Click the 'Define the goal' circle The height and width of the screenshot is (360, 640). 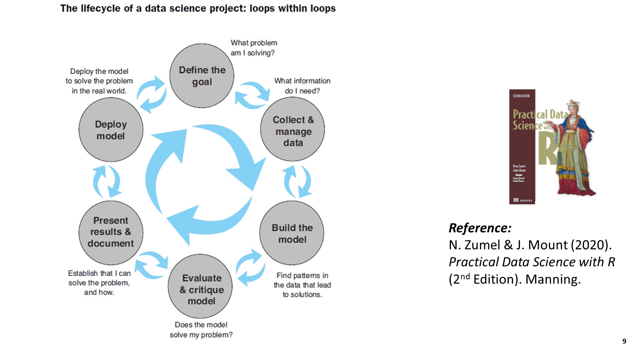(x=202, y=76)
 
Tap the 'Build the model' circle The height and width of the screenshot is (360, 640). (x=292, y=233)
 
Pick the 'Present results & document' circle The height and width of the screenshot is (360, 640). (x=111, y=232)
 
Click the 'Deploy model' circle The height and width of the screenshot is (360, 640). (x=111, y=130)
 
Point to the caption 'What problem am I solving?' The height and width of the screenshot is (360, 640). (x=254, y=48)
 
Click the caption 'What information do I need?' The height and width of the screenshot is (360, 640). (x=302, y=86)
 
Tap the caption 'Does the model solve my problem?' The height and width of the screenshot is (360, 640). (x=201, y=330)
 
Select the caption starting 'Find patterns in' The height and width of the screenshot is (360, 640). (x=302, y=285)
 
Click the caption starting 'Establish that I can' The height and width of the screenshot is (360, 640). (x=99, y=283)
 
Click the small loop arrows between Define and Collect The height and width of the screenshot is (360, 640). (x=252, y=95)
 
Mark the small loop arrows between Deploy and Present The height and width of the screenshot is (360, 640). (x=107, y=182)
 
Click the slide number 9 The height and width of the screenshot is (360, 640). (x=624, y=341)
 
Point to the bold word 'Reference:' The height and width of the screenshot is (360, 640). (x=480, y=228)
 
